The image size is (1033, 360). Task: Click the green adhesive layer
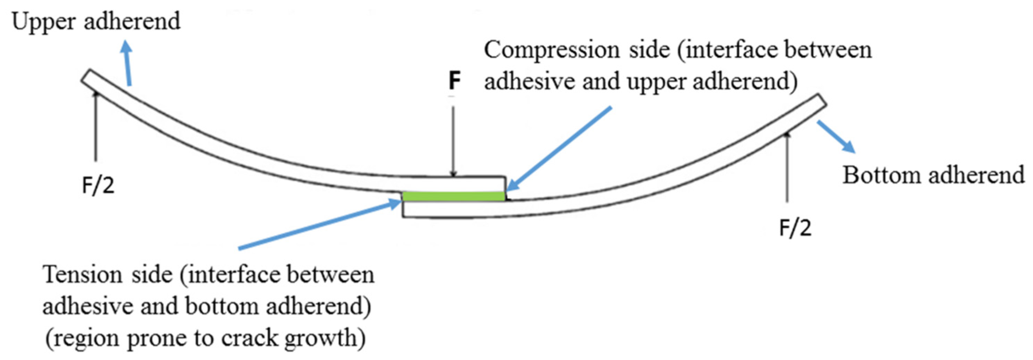(453, 196)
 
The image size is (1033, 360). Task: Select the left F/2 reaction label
(98, 186)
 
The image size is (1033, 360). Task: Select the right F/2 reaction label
(795, 228)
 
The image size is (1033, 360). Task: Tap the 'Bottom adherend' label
(933, 175)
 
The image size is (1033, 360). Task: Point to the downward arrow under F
(453, 140)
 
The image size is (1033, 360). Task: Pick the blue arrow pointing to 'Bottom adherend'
(836, 136)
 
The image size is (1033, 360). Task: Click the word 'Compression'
(551, 50)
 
